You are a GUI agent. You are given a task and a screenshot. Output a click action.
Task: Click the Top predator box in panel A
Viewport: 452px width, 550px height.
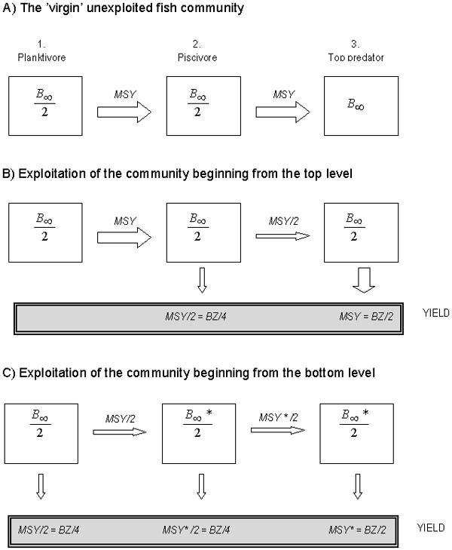point(353,105)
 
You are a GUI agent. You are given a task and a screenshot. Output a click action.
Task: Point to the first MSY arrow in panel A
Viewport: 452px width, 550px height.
point(124,112)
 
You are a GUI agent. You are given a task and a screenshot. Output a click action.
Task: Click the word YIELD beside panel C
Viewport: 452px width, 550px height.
point(430,527)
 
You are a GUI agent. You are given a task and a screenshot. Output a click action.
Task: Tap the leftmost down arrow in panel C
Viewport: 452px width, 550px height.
point(41,490)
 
